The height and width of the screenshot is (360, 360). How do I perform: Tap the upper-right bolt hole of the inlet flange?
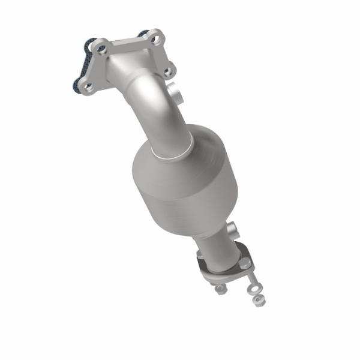click(157, 40)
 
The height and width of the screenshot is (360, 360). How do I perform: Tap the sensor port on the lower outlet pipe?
click(233, 228)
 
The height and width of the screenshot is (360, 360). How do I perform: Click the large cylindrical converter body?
click(180, 180)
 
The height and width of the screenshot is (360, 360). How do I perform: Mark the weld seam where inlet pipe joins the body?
click(174, 153)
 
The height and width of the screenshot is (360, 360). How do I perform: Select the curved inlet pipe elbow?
click(150, 102)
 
